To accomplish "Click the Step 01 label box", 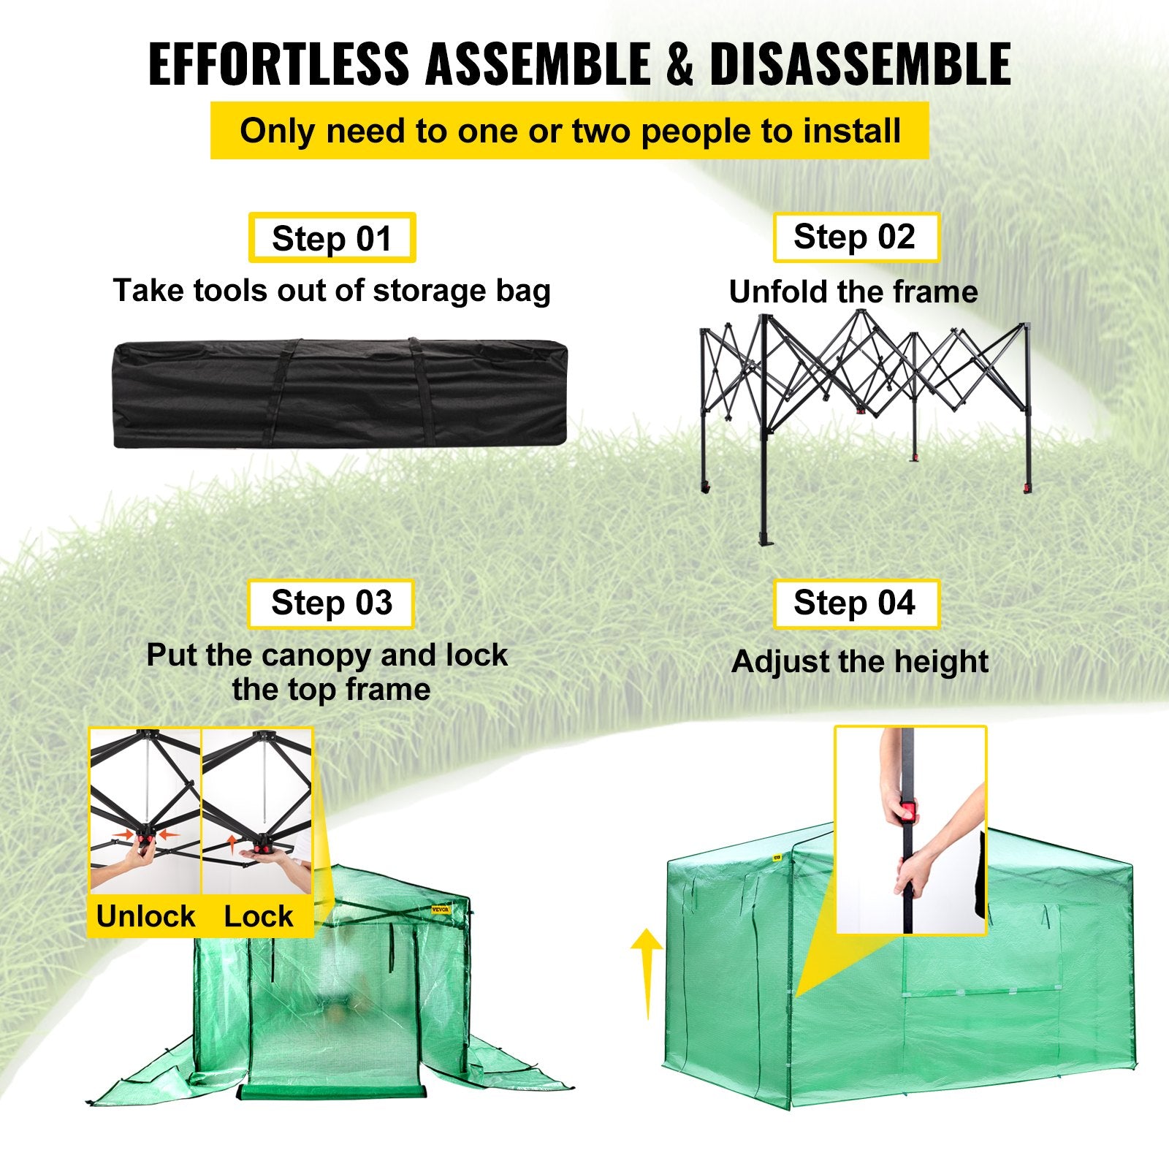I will (x=332, y=238).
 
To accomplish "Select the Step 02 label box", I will (x=856, y=237).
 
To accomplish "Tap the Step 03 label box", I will (x=331, y=603).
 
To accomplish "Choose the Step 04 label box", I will (x=856, y=603).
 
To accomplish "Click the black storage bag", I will (x=340, y=393).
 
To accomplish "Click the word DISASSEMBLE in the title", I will (x=860, y=66).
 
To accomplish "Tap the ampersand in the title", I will (x=679, y=66).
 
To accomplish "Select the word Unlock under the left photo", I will (x=145, y=916).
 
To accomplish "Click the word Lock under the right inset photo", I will (x=258, y=916).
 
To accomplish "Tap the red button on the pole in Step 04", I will (x=907, y=812).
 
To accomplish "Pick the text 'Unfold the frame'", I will (x=853, y=292).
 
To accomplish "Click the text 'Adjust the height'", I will (x=859, y=662).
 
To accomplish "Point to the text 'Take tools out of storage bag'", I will (x=332, y=291).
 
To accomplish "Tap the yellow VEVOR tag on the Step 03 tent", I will (x=441, y=910).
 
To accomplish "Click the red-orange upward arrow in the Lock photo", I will (x=231, y=844).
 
